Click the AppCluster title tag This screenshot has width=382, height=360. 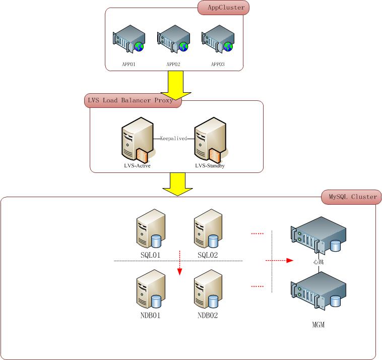(222, 8)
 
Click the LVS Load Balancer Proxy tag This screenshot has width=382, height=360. (131, 100)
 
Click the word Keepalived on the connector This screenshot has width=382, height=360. (173, 138)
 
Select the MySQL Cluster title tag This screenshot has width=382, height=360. (349, 197)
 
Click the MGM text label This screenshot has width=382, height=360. (319, 325)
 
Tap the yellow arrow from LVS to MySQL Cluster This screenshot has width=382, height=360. (177, 185)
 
